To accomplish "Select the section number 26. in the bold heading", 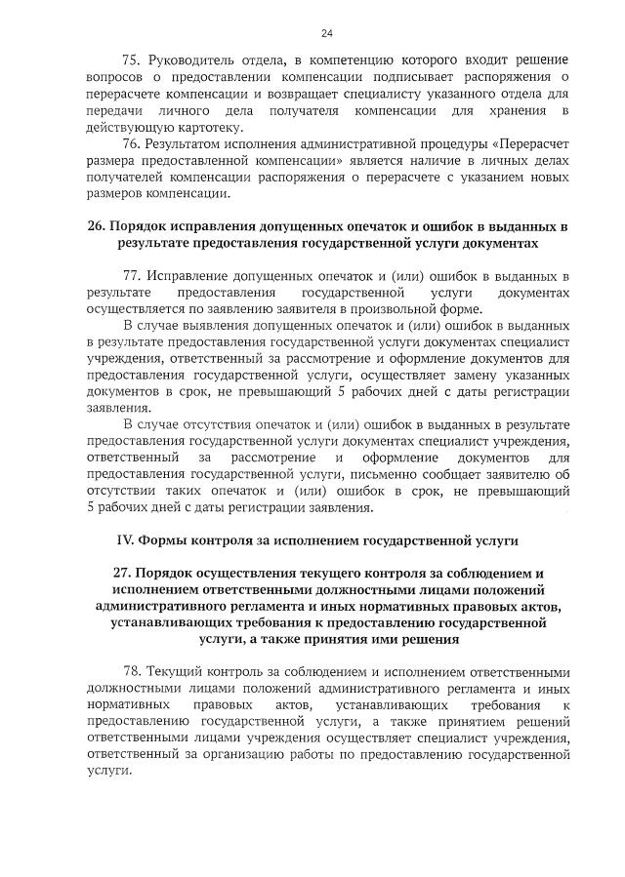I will coord(96,225).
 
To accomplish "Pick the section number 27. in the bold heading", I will coord(125,572).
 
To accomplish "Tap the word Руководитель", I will coord(196,60).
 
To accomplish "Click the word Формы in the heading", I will coord(162,538).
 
